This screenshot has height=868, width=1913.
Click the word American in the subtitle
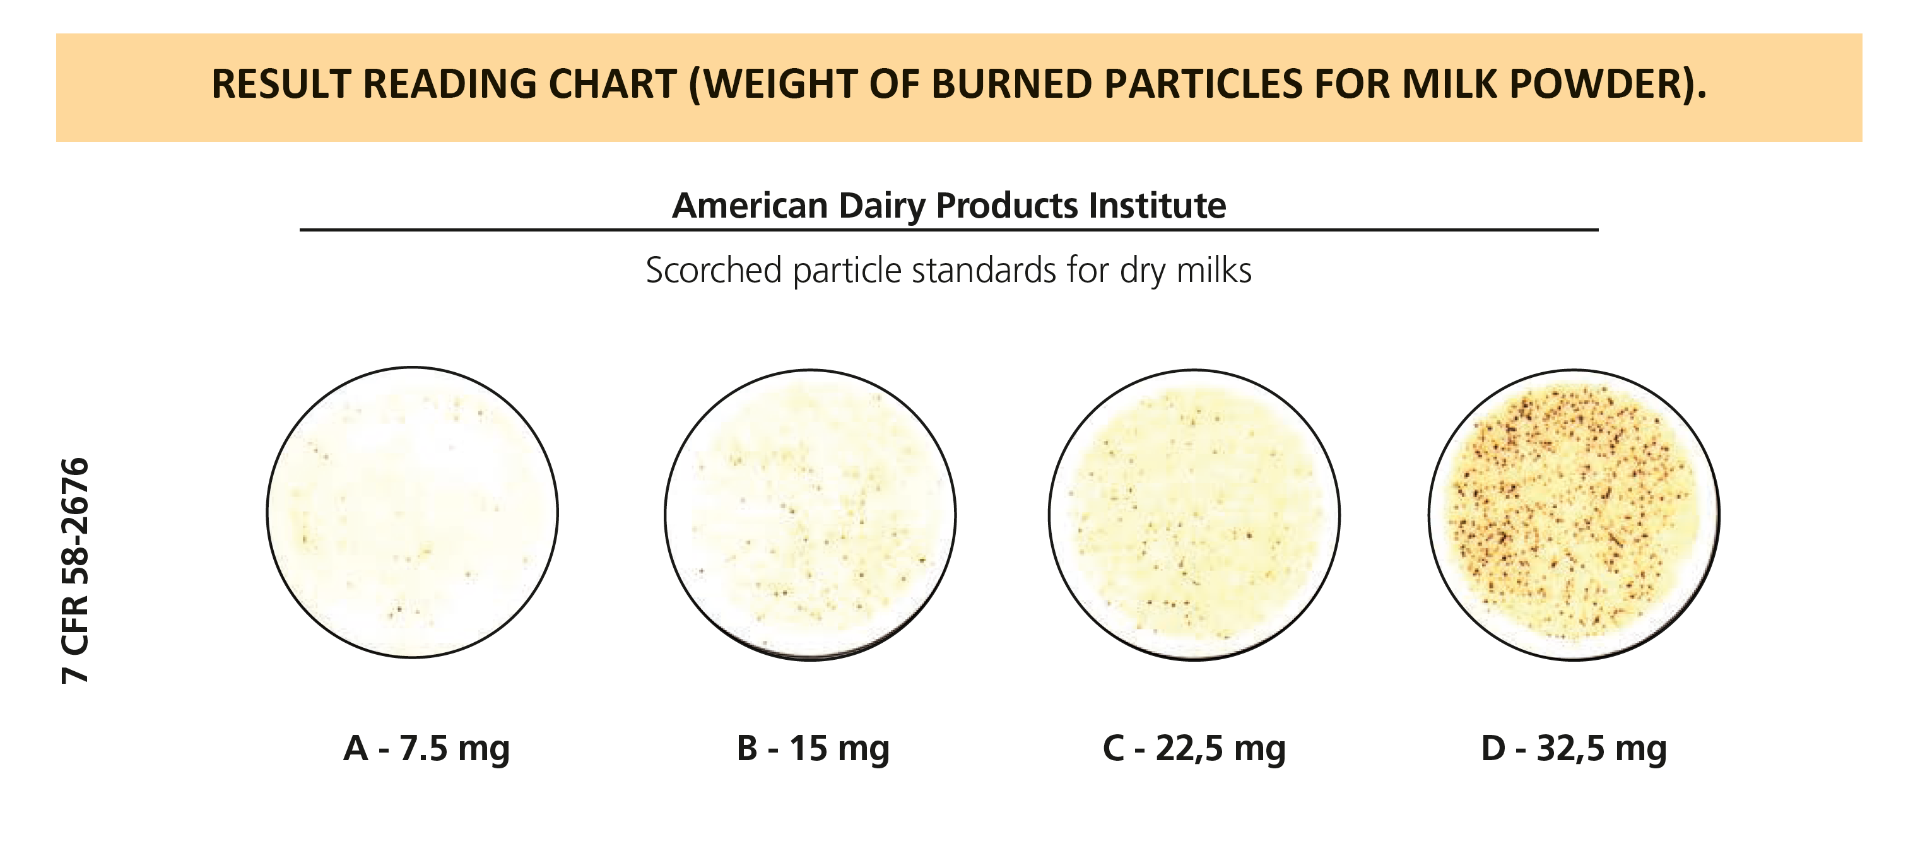click(x=750, y=206)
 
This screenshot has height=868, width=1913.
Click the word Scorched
click(x=714, y=270)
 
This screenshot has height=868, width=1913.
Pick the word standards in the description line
click(x=984, y=270)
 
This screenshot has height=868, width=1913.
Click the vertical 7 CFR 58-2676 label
click(x=75, y=570)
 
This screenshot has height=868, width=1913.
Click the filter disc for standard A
click(x=412, y=512)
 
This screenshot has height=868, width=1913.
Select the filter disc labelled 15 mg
click(x=810, y=515)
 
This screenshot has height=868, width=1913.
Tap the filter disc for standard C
click(x=1194, y=515)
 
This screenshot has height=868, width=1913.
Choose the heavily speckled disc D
click(x=1574, y=515)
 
